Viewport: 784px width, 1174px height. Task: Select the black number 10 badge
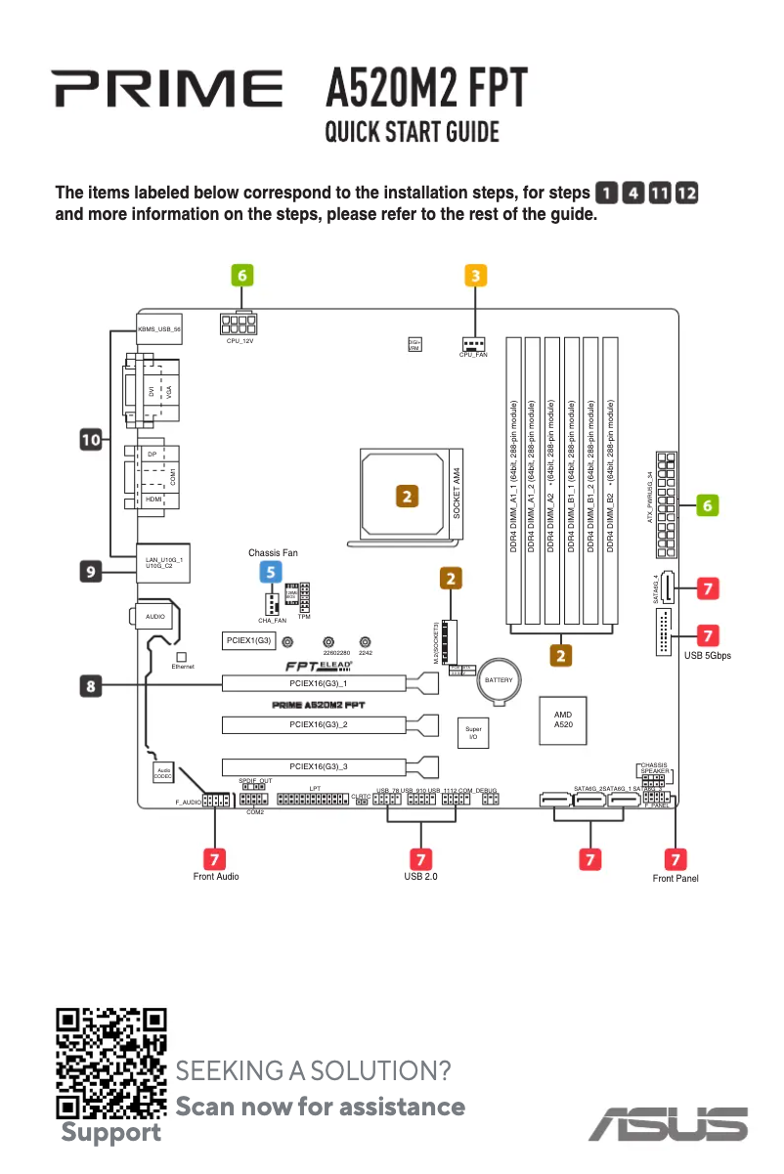(91, 441)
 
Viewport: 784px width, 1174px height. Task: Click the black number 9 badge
(91, 570)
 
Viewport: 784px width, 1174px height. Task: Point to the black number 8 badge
(91, 686)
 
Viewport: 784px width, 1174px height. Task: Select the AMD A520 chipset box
(563, 719)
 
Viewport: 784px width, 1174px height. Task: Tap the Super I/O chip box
(473, 732)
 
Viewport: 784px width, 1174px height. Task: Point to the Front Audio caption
(216, 877)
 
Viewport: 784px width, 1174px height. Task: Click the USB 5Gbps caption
(707, 656)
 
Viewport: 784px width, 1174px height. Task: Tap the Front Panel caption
(675, 878)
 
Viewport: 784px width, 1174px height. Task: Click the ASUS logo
(668, 1124)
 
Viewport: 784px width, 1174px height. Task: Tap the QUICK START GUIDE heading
(412, 132)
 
